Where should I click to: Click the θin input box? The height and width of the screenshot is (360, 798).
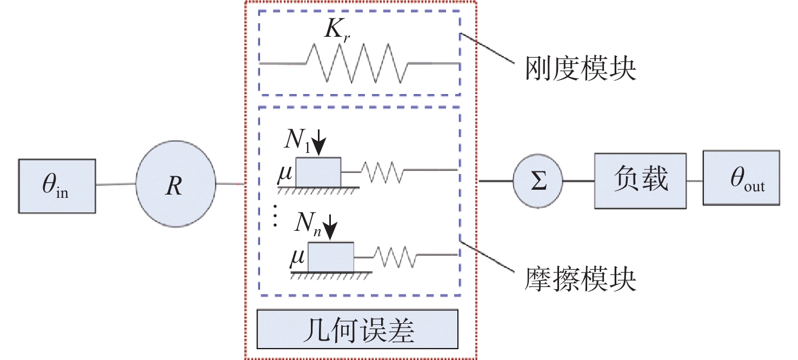point(57,185)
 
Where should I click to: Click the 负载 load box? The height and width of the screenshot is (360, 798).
point(640,181)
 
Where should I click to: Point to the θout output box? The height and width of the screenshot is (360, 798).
point(742,178)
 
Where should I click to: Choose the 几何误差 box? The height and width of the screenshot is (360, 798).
point(357,329)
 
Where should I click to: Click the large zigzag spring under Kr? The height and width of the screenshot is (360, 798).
point(357,63)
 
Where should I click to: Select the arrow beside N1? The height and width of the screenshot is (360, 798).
point(320,143)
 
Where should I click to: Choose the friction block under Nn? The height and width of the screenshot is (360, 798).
point(331,257)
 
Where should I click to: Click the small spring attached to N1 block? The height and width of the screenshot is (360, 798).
point(382,172)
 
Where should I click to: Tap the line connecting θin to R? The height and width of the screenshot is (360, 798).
point(115,185)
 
